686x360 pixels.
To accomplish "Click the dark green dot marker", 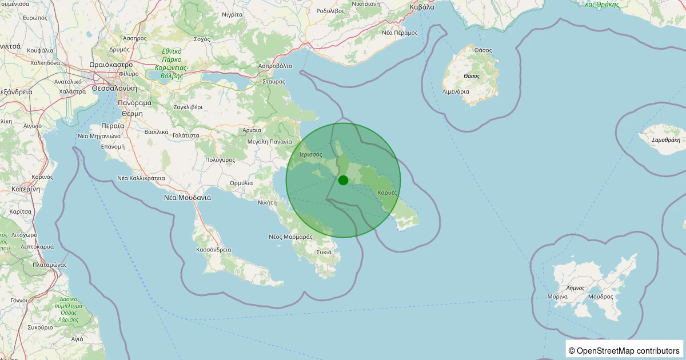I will (343, 180).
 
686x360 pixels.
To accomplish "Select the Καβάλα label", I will (422, 7).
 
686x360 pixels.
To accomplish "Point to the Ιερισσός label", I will (311, 154).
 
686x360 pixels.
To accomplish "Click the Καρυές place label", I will (387, 193).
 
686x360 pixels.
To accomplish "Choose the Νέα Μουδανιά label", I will (188, 198).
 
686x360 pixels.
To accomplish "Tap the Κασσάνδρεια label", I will (213, 250).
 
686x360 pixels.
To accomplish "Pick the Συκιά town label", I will (324, 251).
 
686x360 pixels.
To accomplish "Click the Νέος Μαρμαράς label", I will (290, 237).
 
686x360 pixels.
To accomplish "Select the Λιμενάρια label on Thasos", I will (456, 91).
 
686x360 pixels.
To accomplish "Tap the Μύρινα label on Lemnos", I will (557, 297).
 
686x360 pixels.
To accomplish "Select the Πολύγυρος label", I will (220, 160).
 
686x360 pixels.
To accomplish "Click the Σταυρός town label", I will (274, 82).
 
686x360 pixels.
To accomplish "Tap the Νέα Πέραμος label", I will (400, 33).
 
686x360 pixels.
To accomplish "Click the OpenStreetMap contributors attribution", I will (624, 351).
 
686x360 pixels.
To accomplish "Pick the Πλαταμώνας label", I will (50, 265).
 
